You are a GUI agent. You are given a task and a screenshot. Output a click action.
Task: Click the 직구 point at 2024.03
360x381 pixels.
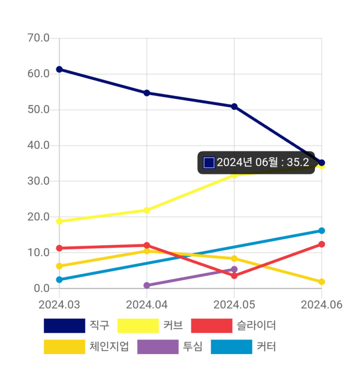(59, 69)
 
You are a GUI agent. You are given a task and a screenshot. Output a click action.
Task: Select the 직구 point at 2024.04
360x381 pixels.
(147, 93)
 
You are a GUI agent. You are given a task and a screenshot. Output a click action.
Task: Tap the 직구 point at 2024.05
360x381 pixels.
(234, 106)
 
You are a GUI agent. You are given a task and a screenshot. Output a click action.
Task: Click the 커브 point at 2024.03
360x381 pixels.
(59, 221)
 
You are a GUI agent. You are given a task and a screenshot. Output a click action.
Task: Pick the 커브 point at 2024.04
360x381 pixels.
(147, 210)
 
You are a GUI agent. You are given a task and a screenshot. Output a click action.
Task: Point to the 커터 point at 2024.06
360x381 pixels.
(322, 230)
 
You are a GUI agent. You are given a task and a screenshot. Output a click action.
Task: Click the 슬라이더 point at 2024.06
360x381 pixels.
(322, 244)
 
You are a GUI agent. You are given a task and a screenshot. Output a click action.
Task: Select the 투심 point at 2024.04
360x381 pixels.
(147, 285)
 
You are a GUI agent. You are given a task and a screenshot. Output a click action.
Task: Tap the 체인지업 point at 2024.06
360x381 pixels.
(322, 282)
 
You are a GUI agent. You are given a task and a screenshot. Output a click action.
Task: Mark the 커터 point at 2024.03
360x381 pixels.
(59, 279)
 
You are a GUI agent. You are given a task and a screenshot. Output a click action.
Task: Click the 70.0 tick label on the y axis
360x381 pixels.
(38, 38)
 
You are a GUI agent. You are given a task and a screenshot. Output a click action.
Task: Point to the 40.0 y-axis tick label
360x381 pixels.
(38, 146)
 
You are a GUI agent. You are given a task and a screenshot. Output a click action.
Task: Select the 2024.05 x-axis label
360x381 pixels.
(234, 304)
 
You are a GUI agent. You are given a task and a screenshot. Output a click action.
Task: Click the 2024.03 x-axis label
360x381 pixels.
(59, 304)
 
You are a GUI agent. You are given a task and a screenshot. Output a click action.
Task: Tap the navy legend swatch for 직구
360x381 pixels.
(64, 325)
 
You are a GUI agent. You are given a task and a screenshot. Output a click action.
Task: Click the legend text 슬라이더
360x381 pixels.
(256, 325)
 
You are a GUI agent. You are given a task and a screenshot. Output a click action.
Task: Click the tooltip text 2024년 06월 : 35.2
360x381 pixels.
(263, 162)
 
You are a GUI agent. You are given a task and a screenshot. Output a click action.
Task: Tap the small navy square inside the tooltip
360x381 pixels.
(209, 162)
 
